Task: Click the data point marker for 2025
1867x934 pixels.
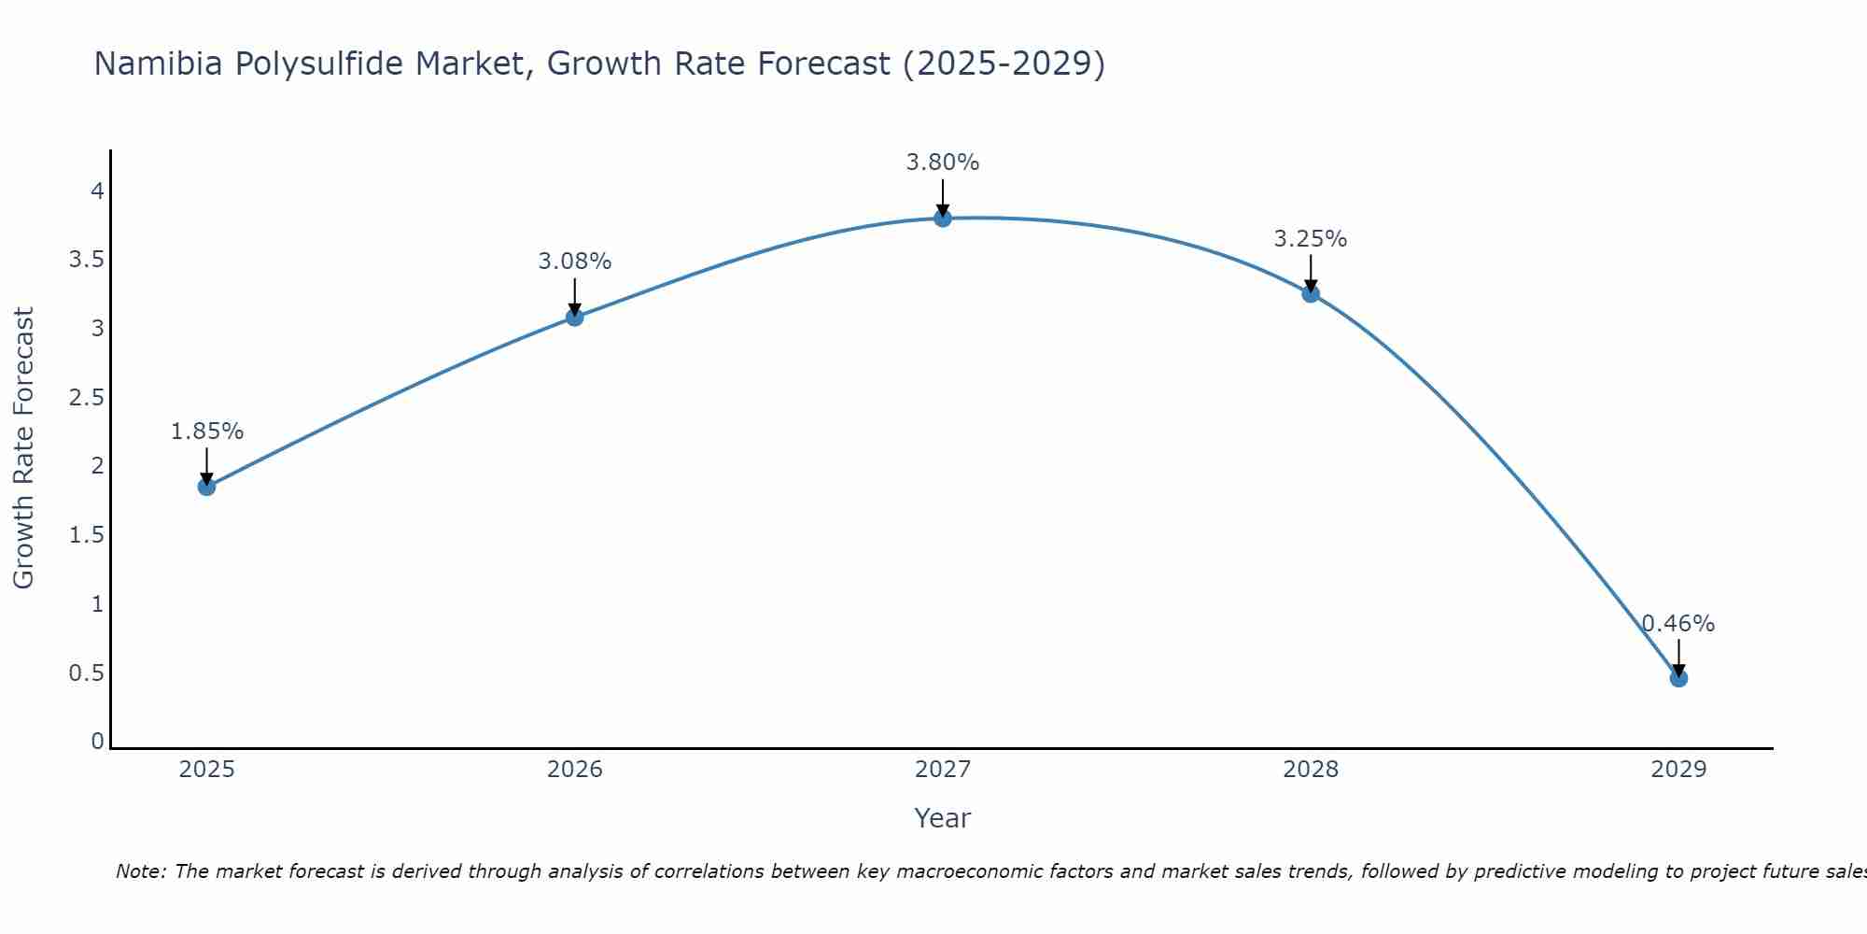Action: pos(206,487)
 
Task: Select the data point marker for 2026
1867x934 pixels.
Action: pos(574,317)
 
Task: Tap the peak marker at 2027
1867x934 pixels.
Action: pos(942,218)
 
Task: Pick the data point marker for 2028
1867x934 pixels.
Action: pos(1311,293)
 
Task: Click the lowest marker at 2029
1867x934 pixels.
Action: pos(1678,678)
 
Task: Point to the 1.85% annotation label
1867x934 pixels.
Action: pos(206,432)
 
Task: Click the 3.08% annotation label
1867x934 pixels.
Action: pos(574,262)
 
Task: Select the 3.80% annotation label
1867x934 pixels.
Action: pos(942,163)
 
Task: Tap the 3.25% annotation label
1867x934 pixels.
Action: pos(1311,239)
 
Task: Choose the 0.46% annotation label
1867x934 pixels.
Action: pos(1678,624)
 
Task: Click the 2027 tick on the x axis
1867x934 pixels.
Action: pos(942,770)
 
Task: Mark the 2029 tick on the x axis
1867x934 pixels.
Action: pos(1678,770)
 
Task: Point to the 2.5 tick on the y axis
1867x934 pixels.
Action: pos(86,398)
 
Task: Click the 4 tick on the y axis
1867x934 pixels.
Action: pos(97,191)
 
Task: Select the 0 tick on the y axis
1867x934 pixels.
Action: pos(97,742)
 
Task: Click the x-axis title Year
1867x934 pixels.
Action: pos(942,818)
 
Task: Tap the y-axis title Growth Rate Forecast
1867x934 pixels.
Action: pos(24,448)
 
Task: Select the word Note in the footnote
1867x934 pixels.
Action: pos(140,871)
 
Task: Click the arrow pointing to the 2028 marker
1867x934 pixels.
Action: pos(1311,273)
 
